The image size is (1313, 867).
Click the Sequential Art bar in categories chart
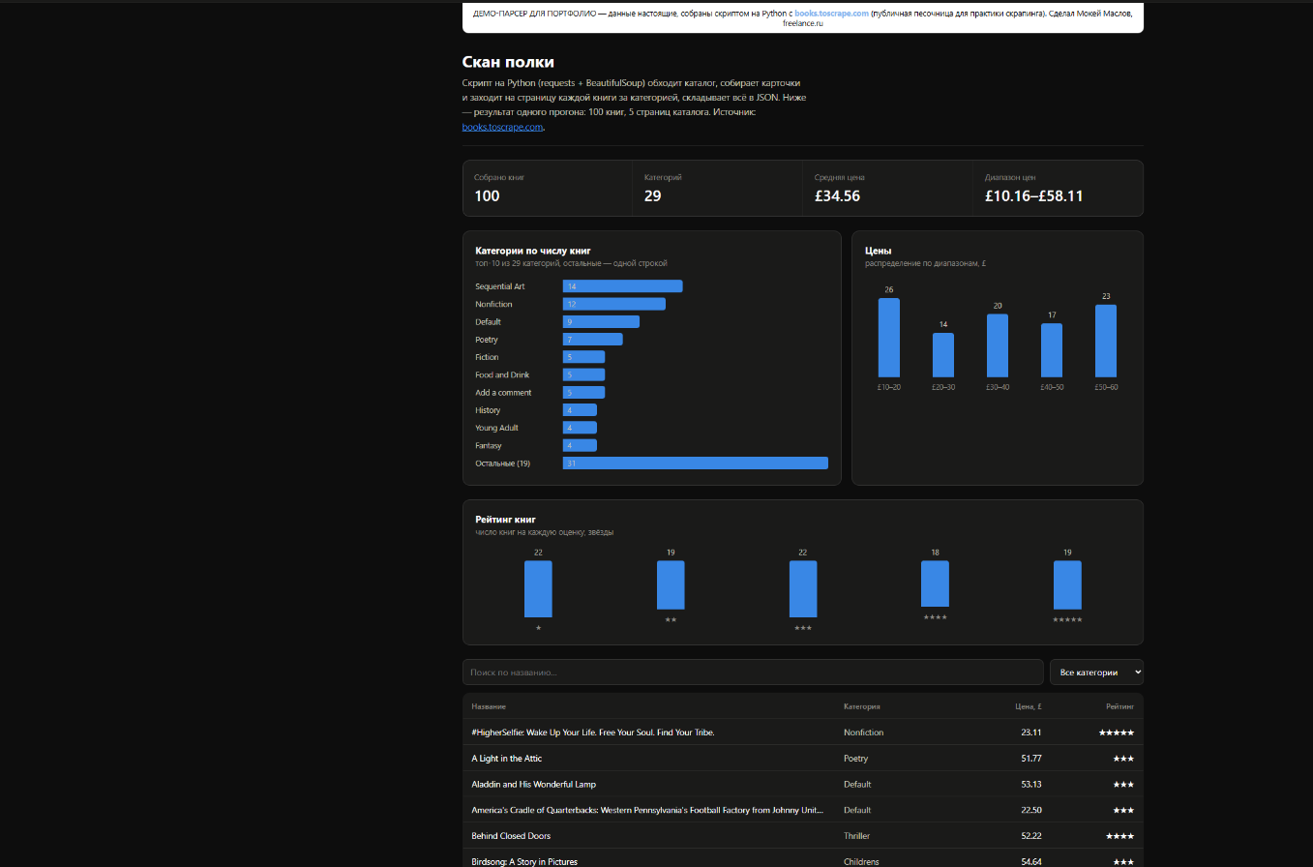[622, 286]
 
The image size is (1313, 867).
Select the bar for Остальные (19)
[695, 463]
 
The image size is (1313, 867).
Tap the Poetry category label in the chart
[487, 340]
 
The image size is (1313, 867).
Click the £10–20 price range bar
[888, 338]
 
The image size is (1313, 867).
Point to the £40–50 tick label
[1052, 387]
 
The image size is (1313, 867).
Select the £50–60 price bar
[1106, 342]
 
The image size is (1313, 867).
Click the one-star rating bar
[538, 589]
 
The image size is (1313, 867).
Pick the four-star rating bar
[935, 583]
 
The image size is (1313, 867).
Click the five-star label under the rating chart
[1067, 619]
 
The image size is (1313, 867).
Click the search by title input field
[753, 673]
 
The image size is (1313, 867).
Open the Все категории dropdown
[1096, 673]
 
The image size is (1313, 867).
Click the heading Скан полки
[508, 62]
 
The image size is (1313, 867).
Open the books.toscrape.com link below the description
[502, 127]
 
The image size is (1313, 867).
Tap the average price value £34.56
[837, 195]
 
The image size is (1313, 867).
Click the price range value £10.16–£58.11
[1034, 195]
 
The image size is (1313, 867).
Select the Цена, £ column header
[1029, 706]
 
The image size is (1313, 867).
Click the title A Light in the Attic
[506, 759]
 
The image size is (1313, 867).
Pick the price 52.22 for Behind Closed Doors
[1031, 836]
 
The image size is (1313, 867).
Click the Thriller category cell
[856, 836]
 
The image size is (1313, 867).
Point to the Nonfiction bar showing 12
[614, 304]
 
